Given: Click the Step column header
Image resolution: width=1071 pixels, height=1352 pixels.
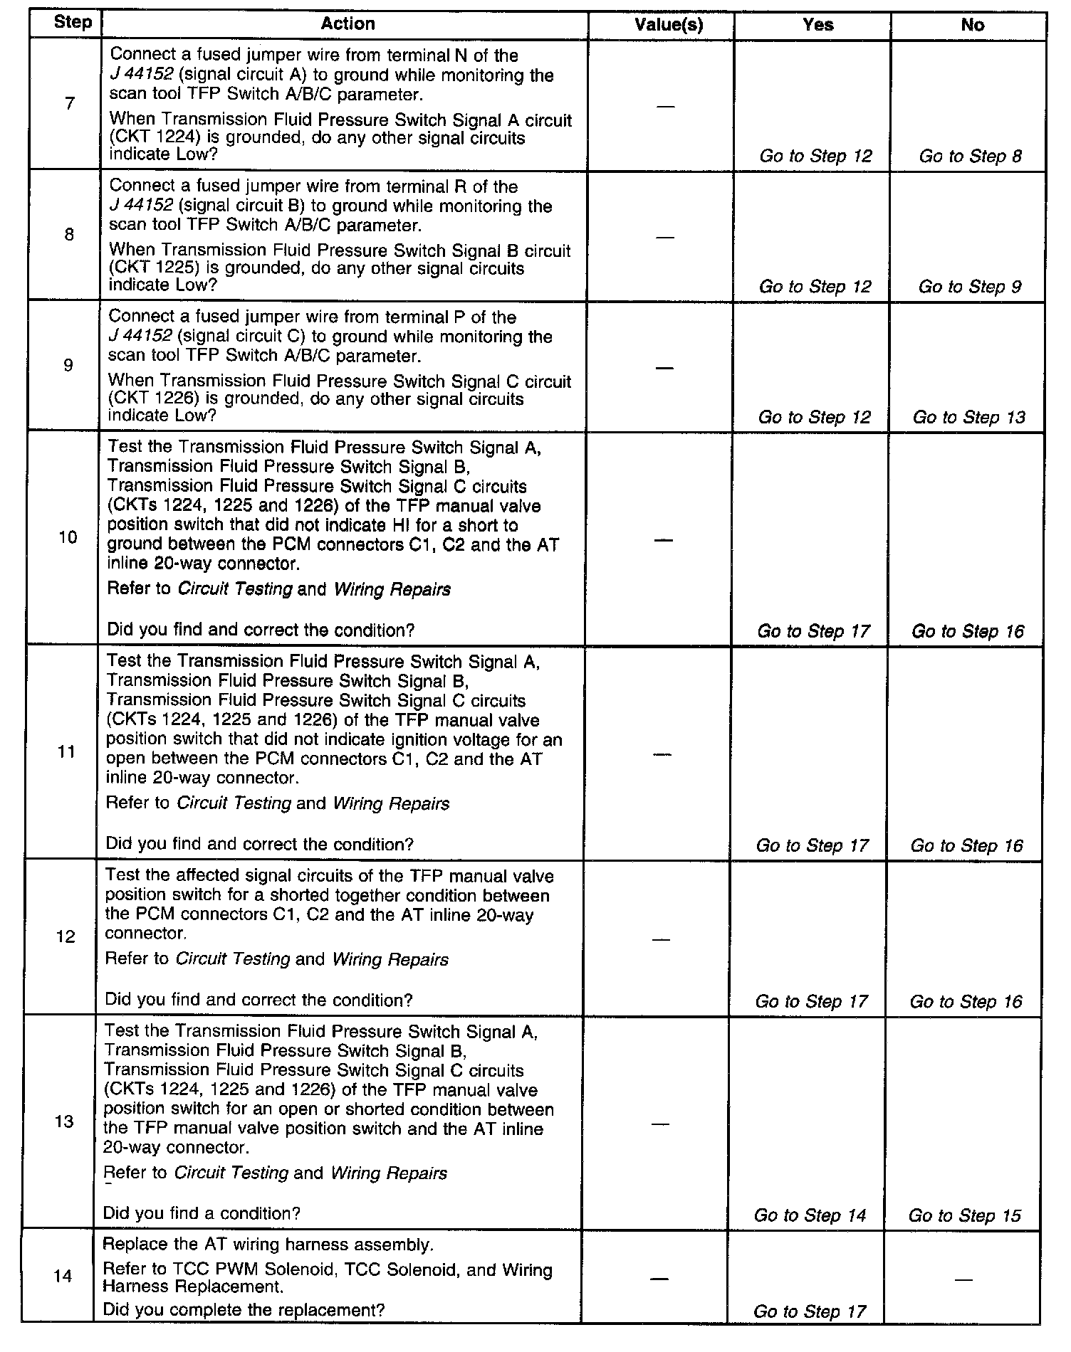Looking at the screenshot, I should point(72,22).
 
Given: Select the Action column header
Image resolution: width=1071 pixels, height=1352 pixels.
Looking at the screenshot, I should point(348,23).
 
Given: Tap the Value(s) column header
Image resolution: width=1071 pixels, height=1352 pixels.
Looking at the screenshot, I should point(668,25).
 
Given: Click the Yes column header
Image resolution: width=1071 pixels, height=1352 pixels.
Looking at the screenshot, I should point(817,25).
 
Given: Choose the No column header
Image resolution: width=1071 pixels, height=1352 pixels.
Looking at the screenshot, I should point(972,25).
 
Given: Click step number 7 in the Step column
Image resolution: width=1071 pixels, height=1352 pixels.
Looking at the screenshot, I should point(69,104).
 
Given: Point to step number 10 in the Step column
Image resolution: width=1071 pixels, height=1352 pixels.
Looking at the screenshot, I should point(68,537).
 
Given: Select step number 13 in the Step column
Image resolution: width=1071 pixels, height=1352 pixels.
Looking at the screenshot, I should point(65,1121).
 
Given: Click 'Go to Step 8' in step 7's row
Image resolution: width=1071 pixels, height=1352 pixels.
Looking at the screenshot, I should point(970,157).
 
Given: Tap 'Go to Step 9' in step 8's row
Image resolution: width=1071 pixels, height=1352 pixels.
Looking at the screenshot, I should point(969,287).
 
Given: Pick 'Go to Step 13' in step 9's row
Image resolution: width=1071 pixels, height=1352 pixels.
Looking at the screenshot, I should point(968,417).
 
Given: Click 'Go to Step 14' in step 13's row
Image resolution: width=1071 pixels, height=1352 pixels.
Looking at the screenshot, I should point(810,1215).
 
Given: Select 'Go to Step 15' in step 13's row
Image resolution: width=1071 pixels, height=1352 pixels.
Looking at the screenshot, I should point(964,1215).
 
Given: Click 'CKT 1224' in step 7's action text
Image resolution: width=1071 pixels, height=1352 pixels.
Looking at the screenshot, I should point(143,138).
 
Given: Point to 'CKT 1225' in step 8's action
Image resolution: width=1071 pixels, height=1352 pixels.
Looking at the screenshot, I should point(143,268).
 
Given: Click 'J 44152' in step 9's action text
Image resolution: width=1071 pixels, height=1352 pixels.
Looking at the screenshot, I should point(140,337).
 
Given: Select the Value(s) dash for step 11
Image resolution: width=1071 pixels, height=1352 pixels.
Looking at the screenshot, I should point(662,754).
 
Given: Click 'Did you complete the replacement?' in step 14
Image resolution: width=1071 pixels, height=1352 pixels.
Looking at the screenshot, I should point(244,1309).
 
